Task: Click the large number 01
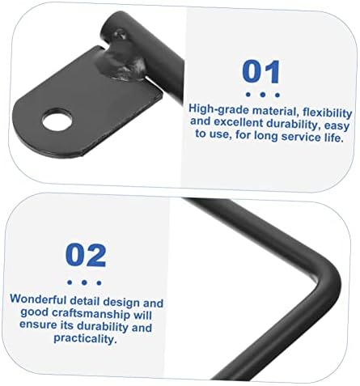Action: click(x=261, y=71)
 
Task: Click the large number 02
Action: click(x=86, y=255)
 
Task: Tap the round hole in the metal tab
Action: click(x=57, y=120)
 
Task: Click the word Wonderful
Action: click(x=38, y=299)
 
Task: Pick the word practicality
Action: click(x=85, y=338)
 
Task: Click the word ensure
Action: click(x=36, y=324)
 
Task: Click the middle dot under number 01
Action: click(x=263, y=95)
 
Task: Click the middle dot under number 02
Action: click(x=84, y=282)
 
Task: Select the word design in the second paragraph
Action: click(x=121, y=303)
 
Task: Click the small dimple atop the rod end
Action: click(x=120, y=34)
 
